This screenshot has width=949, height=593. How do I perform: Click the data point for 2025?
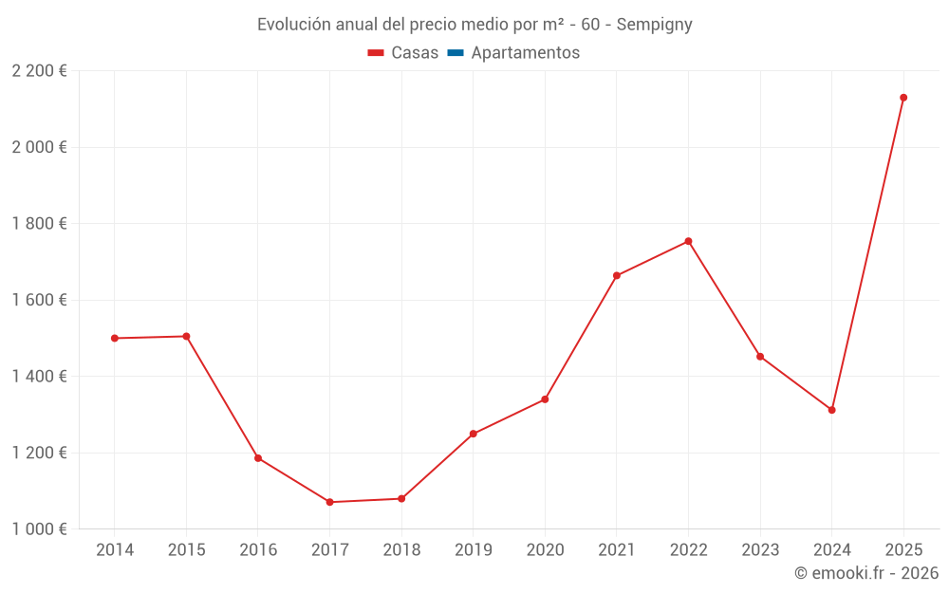point(903,98)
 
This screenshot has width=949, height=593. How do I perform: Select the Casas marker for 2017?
point(329,502)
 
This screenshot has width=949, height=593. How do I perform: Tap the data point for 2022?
point(688,241)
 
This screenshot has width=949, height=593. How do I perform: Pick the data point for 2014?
point(115,338)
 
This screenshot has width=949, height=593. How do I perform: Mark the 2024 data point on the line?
point(831,410)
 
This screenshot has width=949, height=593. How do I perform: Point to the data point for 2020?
point(545,399)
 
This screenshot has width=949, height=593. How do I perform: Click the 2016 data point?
point(258,458)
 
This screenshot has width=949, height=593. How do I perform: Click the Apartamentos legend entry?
point(525,53)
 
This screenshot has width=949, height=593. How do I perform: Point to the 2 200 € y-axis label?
point(40,71)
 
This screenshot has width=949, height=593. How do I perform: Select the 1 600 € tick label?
point(40,300)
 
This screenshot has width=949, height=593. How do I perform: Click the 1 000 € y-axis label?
point(40,528)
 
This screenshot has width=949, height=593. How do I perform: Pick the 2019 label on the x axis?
point(473,550)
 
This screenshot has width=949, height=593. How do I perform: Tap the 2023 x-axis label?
point(760,550)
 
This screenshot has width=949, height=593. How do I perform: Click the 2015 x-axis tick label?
point(186,550)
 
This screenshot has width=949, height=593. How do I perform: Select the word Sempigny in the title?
point(654,25)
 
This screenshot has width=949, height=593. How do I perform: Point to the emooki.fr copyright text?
point(866,573)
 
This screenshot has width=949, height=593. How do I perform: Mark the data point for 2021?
point(617,276)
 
